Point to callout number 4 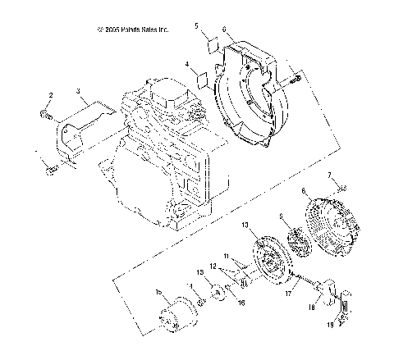186,64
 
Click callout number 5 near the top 197,27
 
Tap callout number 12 212,267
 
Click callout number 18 311,309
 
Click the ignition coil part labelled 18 329,290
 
